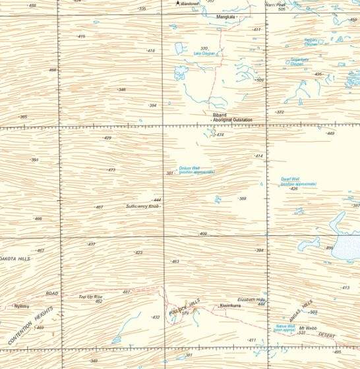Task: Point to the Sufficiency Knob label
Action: click(142, 206)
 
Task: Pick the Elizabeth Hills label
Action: click(251, 300)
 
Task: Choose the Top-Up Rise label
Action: click(90, 297)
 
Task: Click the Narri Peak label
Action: click(275, 5)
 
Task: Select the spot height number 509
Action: click(260, 80)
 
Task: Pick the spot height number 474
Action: click(220, 134)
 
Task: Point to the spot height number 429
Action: click(107, 138)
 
